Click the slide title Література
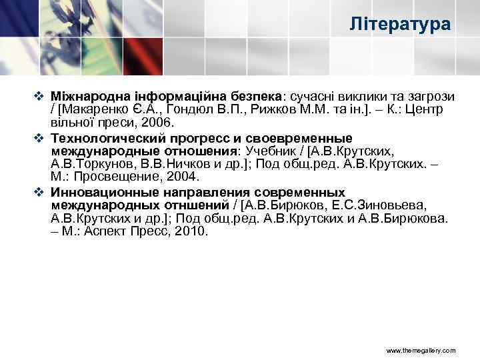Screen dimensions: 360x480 [x=400, y=25]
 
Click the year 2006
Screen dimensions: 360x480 [x=159, y=124]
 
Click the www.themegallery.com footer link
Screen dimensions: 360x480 [x=421, y=349]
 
